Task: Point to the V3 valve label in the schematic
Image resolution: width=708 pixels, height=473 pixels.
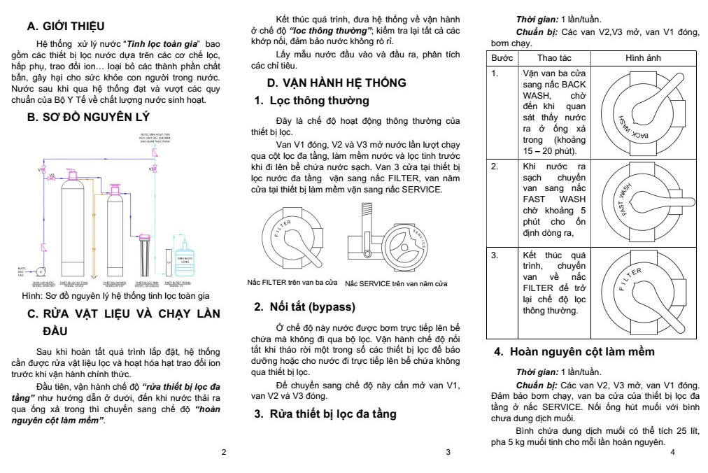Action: click(151, 169)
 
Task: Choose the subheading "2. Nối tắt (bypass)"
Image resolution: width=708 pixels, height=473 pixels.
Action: click(305, 306)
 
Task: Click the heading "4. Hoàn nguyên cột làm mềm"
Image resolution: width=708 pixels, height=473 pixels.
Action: click(583, 351)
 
